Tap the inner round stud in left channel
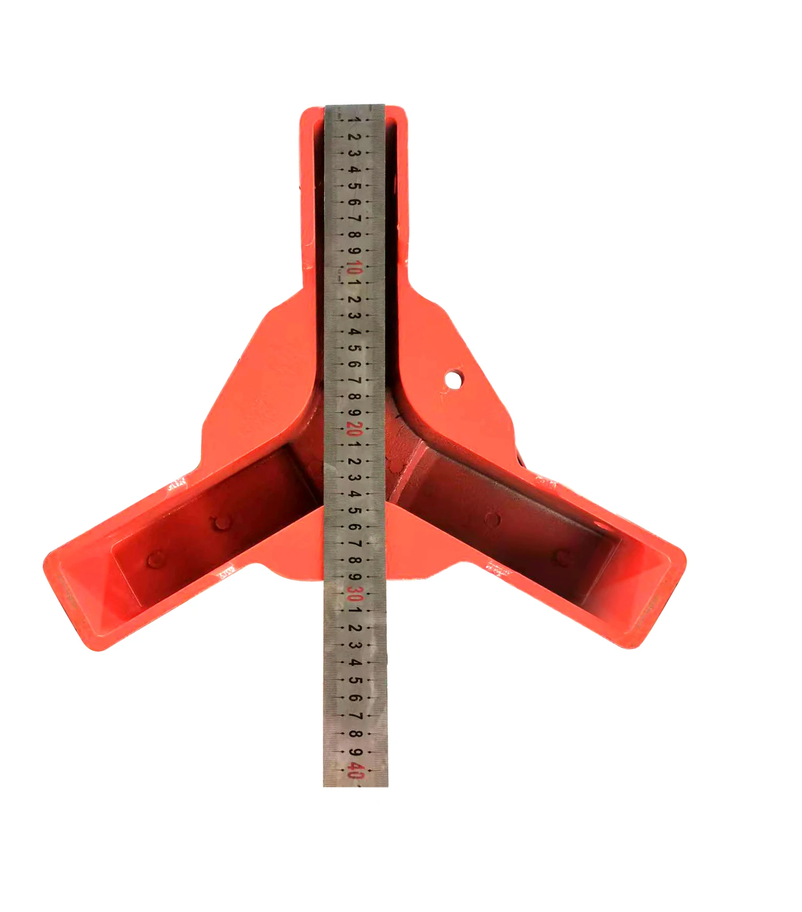221,523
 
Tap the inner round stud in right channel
492,519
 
